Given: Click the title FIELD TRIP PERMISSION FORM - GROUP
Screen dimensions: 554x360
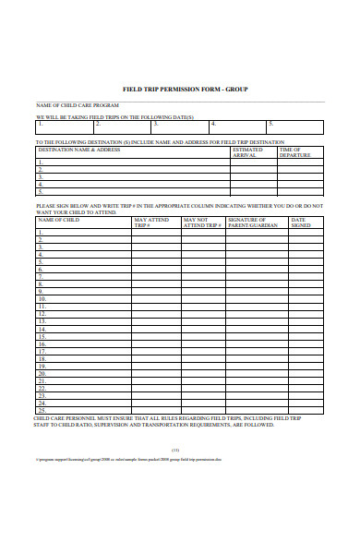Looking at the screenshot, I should (185, 90).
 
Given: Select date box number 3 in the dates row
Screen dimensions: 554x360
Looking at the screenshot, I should (181, 124).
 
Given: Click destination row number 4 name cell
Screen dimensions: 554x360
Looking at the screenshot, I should (132, 184).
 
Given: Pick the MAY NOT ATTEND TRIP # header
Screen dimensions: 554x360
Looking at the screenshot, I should (201, 222).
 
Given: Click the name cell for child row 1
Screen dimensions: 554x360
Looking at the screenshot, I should (83, 232).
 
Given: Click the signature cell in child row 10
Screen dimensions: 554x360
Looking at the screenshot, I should (257, 299).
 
